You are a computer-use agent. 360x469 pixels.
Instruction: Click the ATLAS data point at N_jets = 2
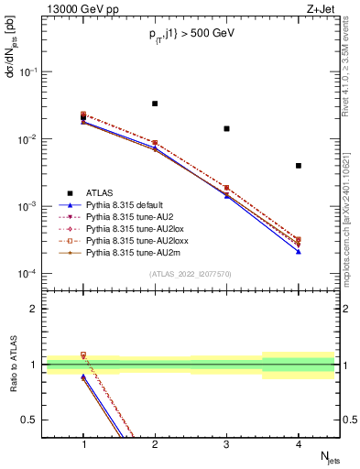click(x=155, y=104)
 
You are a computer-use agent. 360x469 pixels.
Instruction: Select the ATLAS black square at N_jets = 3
click(x=226, y=129)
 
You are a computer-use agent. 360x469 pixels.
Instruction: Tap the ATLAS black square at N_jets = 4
click(x=299, y=166)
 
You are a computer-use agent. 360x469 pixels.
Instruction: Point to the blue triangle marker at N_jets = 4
click(x=299, y=252)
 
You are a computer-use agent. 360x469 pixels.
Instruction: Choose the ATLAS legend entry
click(x=99, y=192)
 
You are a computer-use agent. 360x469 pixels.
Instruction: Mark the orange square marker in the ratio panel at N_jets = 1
click(x=83, y=354)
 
